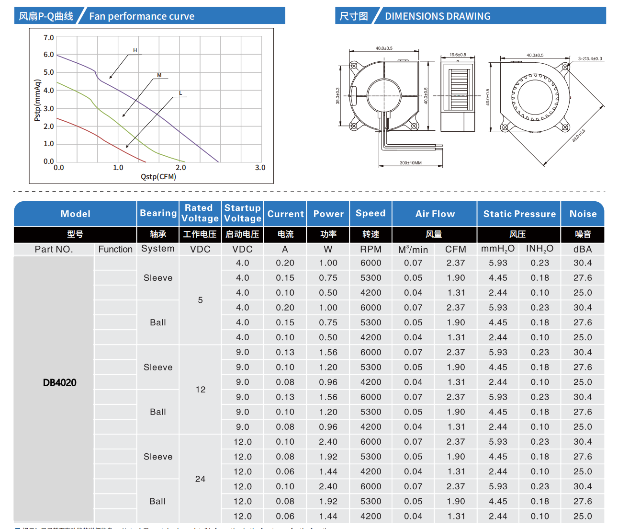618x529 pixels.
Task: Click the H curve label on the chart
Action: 135,50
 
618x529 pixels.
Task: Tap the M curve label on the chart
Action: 159,75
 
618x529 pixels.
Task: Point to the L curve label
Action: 180,93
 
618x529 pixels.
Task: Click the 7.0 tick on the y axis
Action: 49,37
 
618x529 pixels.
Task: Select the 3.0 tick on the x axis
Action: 260,168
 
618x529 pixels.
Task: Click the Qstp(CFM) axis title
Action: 158,177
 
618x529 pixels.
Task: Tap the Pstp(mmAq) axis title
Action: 37,100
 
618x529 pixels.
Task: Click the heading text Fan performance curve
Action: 142,16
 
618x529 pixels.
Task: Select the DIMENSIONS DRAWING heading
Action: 438,16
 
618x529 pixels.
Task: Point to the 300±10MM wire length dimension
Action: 411,163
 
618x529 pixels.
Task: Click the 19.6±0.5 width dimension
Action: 458,55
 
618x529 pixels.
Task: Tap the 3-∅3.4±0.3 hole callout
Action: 590,58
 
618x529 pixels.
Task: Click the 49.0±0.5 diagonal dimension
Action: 579,136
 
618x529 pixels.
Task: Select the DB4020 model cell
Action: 60,382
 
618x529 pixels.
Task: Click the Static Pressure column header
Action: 519,214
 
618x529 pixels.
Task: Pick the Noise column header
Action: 583,214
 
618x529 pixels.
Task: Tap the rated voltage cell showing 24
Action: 200,479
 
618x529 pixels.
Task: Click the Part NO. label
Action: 54,249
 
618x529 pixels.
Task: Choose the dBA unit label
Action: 583,249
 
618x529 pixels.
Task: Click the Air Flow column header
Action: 435,214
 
